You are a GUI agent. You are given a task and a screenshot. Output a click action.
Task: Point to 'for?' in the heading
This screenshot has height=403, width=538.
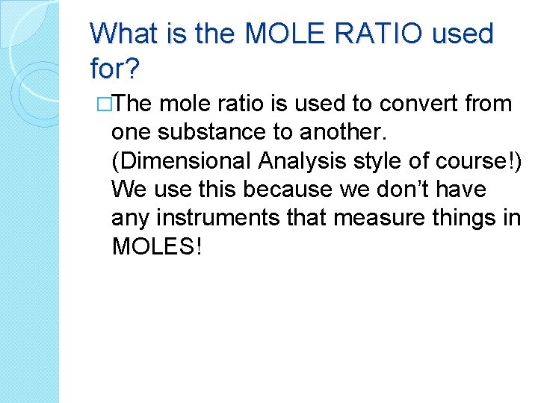pos(113,69)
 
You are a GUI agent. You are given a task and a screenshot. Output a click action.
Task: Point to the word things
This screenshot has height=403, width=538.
pos(467,218)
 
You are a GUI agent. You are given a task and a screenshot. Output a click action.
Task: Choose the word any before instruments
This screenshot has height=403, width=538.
pos(129,218)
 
